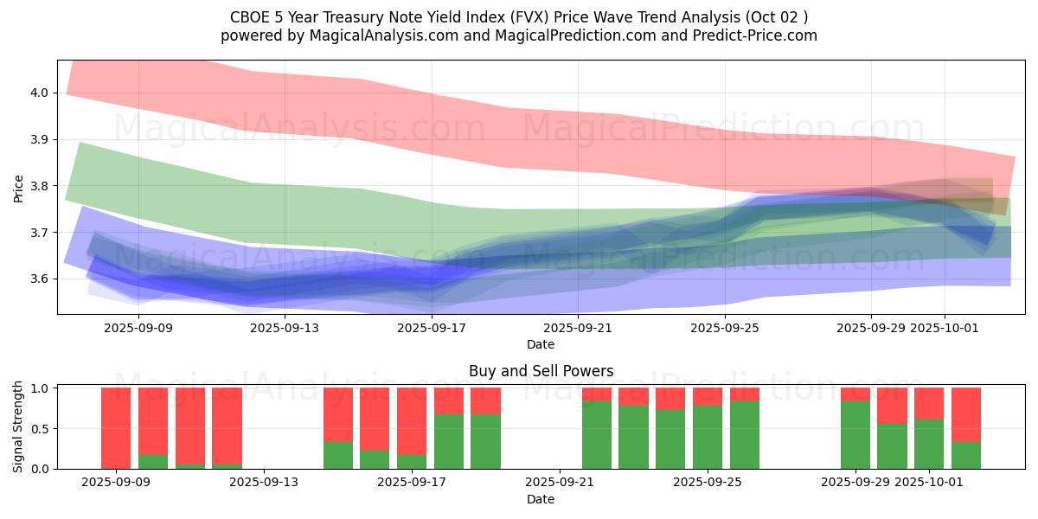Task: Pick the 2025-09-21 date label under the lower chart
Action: point(560,483)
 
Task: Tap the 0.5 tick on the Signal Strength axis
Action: point(42,429)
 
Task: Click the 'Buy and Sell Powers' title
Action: point(541,371)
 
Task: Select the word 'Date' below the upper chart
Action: point(541,344)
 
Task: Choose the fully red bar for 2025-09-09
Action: point(116,428)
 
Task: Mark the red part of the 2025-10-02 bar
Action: point(966,414)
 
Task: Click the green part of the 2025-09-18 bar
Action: point(449,441)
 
